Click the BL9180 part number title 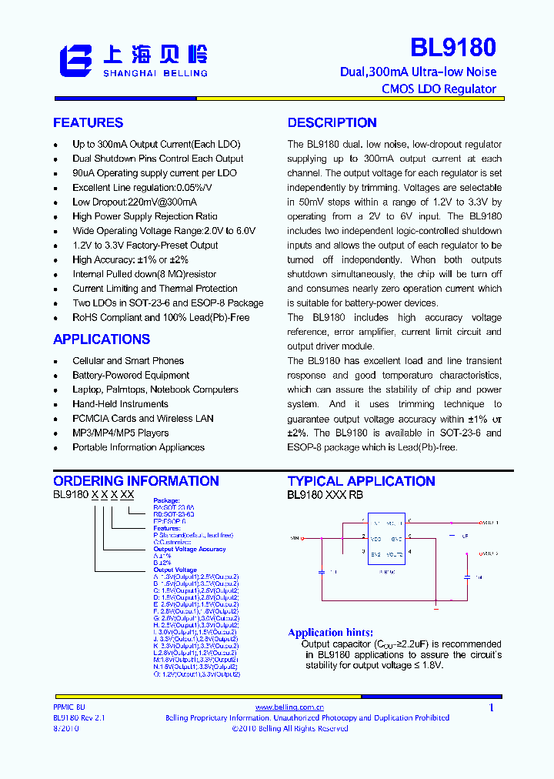pyautogui.click(x=452, y=48)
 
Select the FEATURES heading pyautogui.click(x=88, y=123)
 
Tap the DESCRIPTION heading pyautogui.click(x=332, y=123)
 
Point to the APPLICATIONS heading pyautogui.click(x=102, y=339)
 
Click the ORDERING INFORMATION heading pyautogui.click(x=136, y=481)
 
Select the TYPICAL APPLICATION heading pyautogui.click(x=361, y=481)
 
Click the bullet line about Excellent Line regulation pyautogui.click(x=142, y=188)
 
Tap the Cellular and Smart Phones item pyautogui.click(x=128, y=361)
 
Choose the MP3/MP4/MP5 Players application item pyautogui.click(x=120, y=433)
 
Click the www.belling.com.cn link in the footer pyautogui.click(x=289, y=707)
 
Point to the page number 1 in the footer pyautogui.click(x=491, y=707)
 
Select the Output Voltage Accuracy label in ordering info pyautogui.click(x=189, y=550)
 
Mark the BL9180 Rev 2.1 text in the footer pyautogui.click(x=78, y=717)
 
